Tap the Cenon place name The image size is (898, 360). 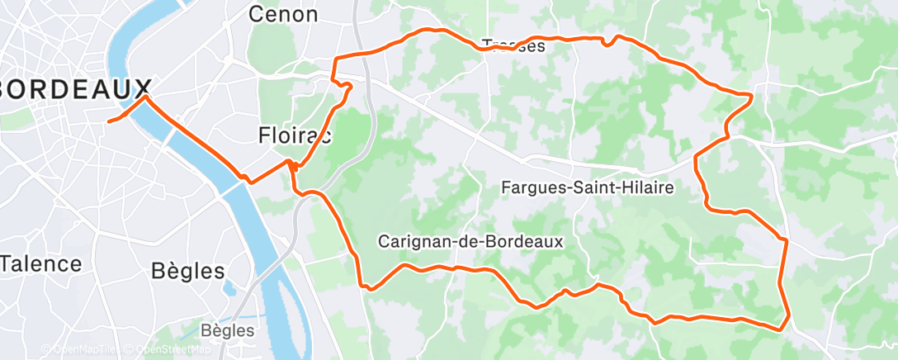(282, 14)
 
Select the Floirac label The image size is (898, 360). (294, 135)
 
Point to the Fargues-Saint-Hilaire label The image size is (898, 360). (588, 188)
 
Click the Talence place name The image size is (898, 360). (41, 264)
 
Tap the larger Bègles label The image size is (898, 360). (188, 271)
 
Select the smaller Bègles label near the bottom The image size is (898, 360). (228, 330)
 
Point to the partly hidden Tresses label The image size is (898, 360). (513, 46)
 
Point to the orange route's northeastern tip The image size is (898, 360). (751, 97)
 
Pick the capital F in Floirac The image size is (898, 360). (263, 135)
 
